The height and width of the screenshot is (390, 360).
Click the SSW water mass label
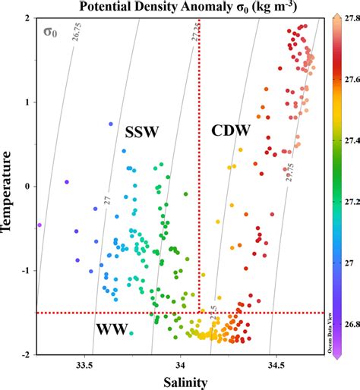point(141,132)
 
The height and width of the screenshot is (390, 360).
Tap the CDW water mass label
point(230,131)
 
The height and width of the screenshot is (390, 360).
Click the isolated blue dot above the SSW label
point(111,124)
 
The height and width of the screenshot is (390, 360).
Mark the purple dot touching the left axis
point(39,225)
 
